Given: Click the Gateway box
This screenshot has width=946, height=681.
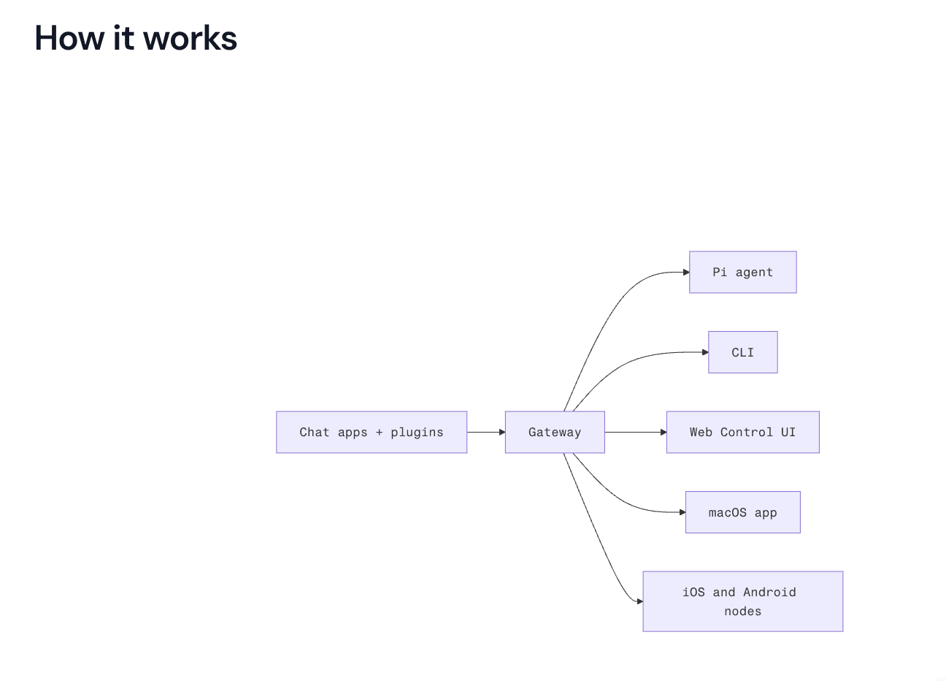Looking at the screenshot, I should [x=555, y=432].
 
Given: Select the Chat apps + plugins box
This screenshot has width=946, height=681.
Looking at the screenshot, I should [x=371, y=432].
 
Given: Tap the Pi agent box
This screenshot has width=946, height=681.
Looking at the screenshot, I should [x=742, y=273].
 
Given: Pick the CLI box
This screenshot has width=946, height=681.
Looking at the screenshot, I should [x=742, y=352].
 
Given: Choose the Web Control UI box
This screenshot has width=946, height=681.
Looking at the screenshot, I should [x=742, y=432].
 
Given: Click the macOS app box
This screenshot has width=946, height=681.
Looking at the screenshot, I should [x=742, y=512].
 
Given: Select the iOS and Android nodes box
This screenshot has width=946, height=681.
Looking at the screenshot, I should [x=742, y=601].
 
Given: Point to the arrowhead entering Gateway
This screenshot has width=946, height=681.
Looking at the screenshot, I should [x=501, y=432].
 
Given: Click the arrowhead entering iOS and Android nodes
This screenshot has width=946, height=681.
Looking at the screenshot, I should [x=639, y=601].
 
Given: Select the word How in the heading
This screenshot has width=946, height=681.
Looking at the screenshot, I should [x=69, y=38].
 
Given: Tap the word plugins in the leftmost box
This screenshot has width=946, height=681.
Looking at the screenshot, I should [x=417, y=432].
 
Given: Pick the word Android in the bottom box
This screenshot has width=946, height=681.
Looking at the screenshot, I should [x=769, y=592].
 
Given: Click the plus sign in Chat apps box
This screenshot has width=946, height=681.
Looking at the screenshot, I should [x=379, y=433].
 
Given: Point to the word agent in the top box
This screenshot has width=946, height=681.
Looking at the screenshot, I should [x=754, y=273].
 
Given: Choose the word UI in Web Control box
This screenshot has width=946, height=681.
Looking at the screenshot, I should [x=788, y=432].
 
